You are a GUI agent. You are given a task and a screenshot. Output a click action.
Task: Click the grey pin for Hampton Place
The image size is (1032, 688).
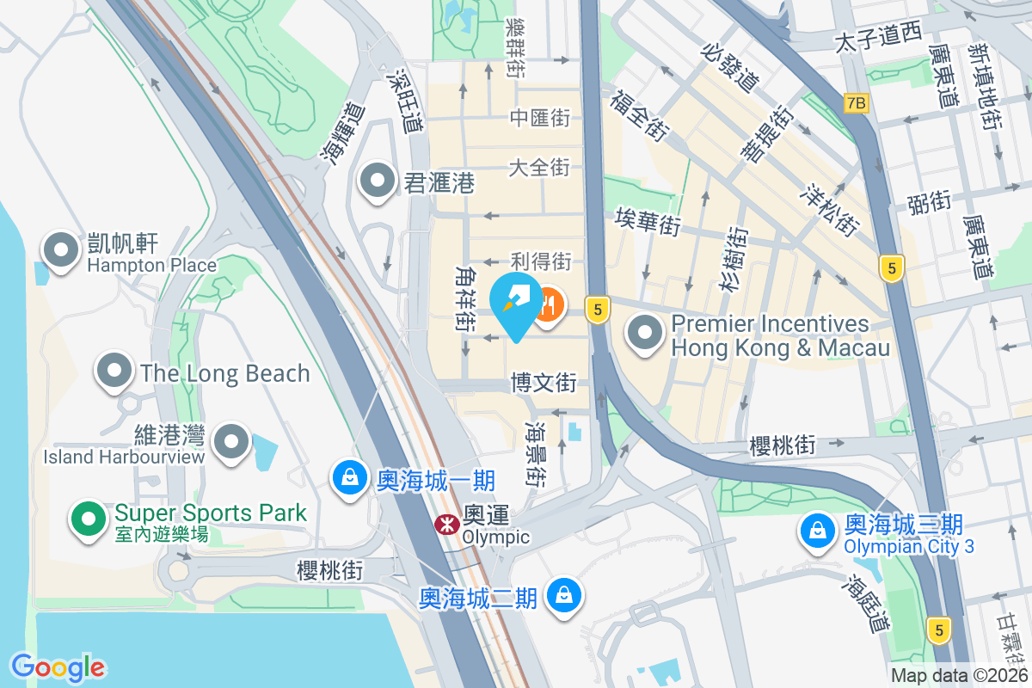[61, 250]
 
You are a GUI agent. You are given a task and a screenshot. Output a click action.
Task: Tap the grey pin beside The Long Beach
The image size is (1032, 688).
[115, 372]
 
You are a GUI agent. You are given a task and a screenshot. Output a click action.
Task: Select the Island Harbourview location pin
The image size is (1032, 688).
[230, 442]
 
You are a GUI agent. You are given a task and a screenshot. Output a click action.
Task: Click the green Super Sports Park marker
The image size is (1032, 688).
[89, 519]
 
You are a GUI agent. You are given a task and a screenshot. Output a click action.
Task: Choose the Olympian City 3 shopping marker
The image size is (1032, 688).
[817, 531]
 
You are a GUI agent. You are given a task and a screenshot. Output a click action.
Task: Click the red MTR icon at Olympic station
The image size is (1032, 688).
[446, 524]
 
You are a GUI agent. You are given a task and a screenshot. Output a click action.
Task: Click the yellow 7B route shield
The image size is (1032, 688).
[856, 103]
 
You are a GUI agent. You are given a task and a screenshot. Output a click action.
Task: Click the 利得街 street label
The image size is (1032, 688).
[541, 260]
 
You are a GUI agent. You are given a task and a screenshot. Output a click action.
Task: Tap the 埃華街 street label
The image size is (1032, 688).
[648, 222]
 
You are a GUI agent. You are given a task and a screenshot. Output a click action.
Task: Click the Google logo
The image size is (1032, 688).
[58, 666]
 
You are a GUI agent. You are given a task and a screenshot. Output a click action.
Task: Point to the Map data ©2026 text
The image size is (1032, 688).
[958, 676]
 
